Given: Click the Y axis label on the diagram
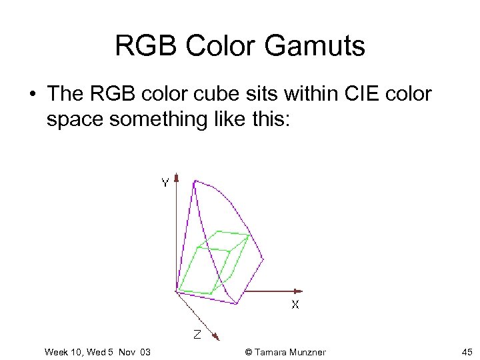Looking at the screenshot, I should click(x=163, y=183).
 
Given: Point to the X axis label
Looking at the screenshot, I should click(x=295, y=305).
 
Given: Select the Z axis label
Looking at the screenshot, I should click(x=197, y=333).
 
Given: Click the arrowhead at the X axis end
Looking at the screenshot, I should click(x=299, y=291).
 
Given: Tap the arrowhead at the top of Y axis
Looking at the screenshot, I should click(x=177, y=177).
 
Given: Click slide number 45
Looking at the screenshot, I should click(x=467, y=352).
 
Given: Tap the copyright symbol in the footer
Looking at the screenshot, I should click(x=249, y=352).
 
